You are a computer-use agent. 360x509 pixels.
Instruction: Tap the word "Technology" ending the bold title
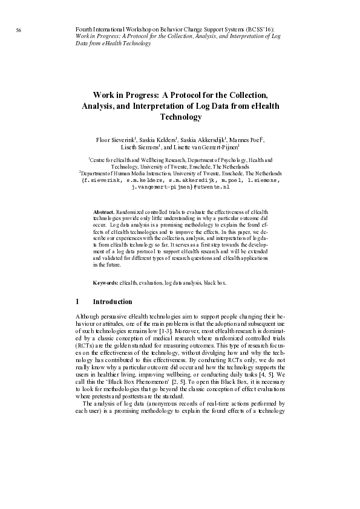(x=180, y=117)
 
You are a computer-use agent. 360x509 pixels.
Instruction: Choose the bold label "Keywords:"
(x=105, y=283)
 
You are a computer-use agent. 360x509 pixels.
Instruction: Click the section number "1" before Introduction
(x=77, y=302)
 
